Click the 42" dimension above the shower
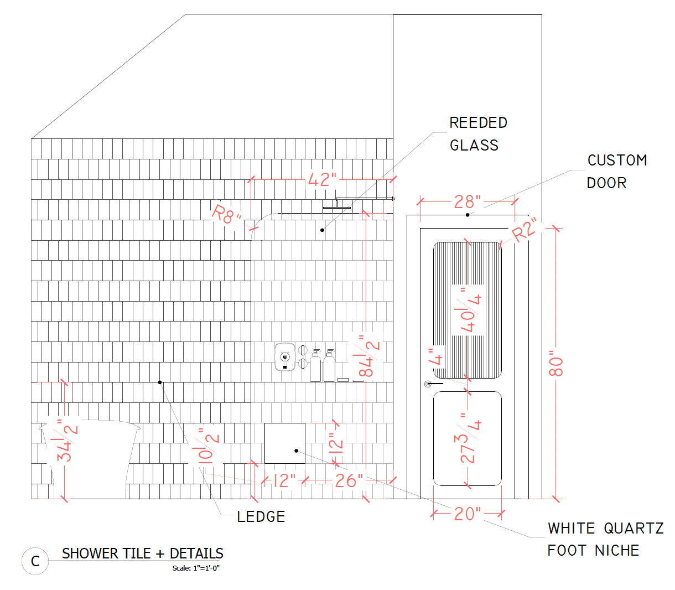point(322,179)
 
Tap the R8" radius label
point(226,215)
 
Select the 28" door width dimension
point(467,201)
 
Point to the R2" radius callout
point(524,230)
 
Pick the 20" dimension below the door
point(467,514)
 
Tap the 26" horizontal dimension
point(349,480)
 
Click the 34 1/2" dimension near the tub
point(67,441)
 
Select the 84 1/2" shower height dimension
point(369,356)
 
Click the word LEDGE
point(261,517)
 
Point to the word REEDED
point(478,123)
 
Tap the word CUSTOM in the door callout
point(617,161)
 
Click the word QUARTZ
point(634,529)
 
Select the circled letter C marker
point(35,561)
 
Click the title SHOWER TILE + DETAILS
point(143,553)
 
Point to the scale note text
point(196,568)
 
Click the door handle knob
point(428,384)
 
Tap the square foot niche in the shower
point(285,443)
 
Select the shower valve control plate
point(285,357)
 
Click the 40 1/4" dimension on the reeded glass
point(468,309)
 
